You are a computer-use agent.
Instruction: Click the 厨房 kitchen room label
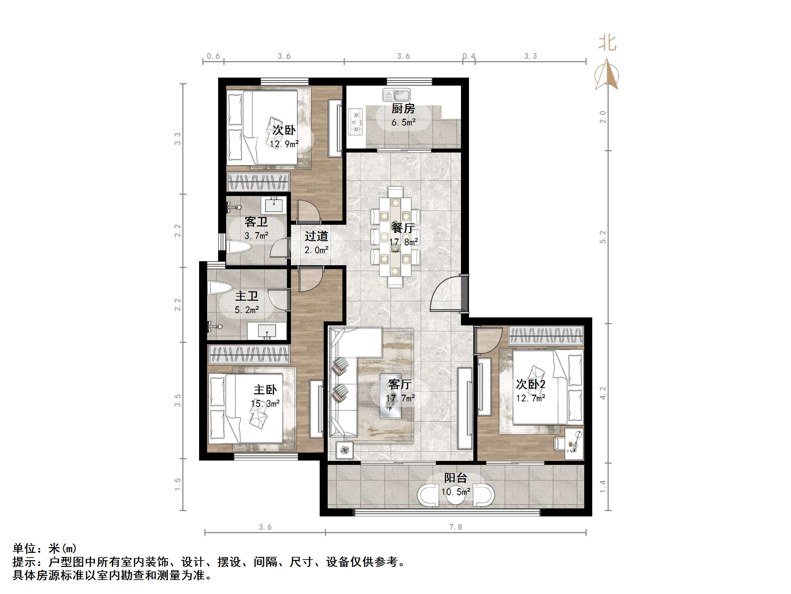[x=403, y=108]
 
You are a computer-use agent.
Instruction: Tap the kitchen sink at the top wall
[x=396, y=95]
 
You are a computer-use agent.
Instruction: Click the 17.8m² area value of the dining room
[x=404, y=242]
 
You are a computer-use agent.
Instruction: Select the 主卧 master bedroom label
[x=265, y=390]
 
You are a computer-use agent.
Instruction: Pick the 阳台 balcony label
[x=455, y=478]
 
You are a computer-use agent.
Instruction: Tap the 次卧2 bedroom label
[x=530, y=384]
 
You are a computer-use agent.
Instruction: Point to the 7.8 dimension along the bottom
[x=455, y=527]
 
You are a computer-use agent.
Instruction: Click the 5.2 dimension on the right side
[x=603, y=237]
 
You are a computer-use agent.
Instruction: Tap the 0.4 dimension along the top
[x=469, y=56]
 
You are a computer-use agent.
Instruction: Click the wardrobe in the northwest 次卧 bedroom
[x=258, y=182]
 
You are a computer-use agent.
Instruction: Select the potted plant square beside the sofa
[x=344, y=450]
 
